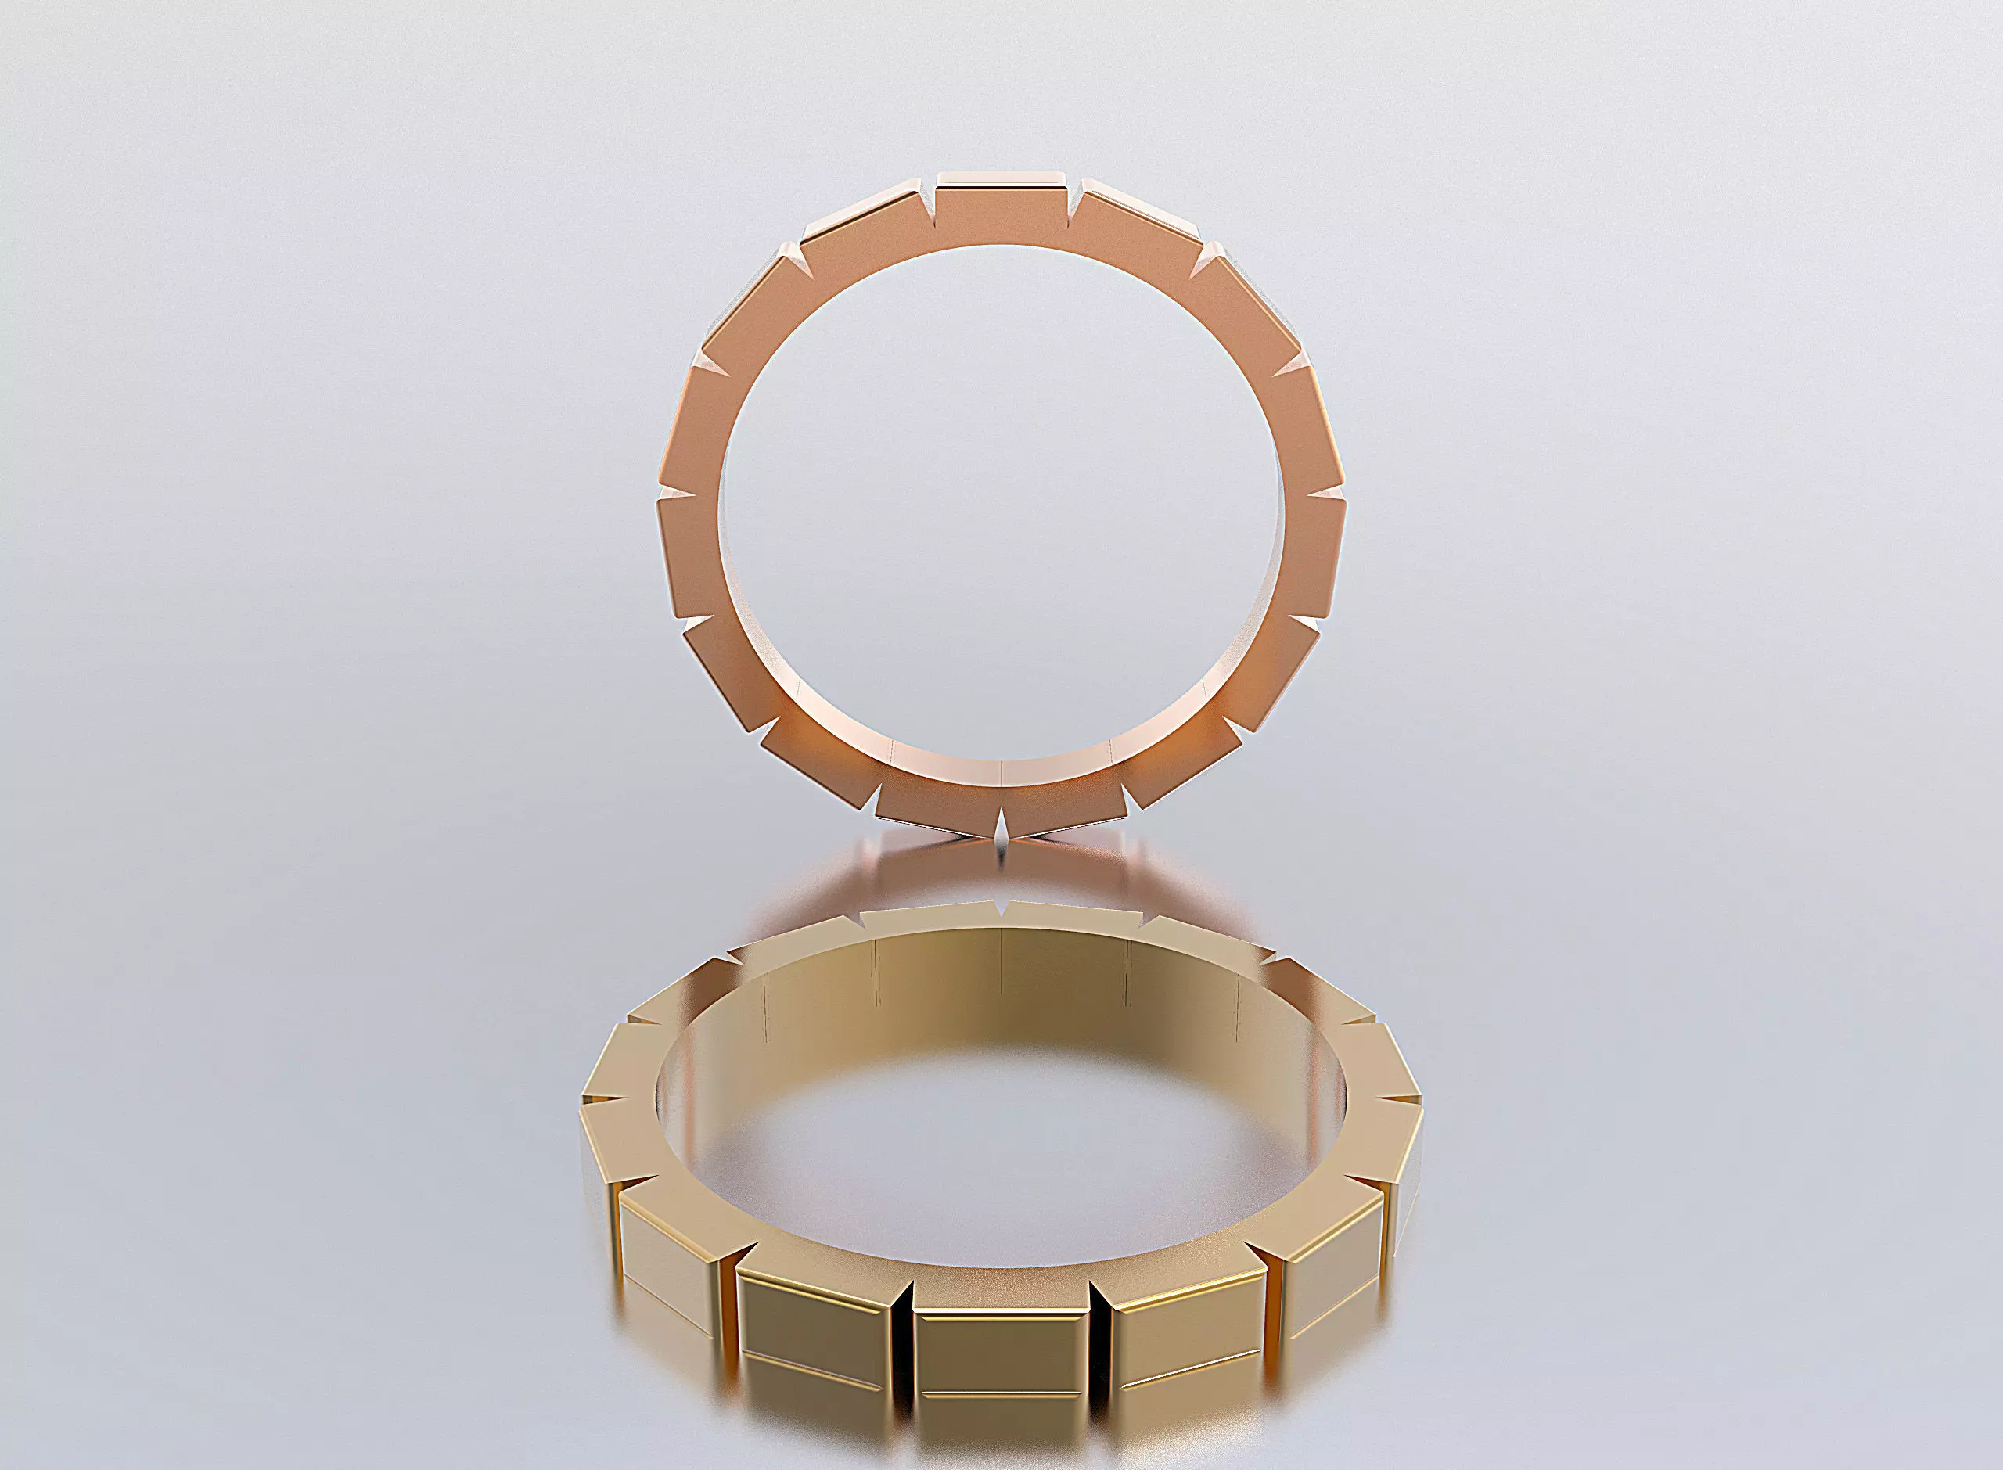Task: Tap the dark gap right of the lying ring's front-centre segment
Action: [x=1099, y=1335]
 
